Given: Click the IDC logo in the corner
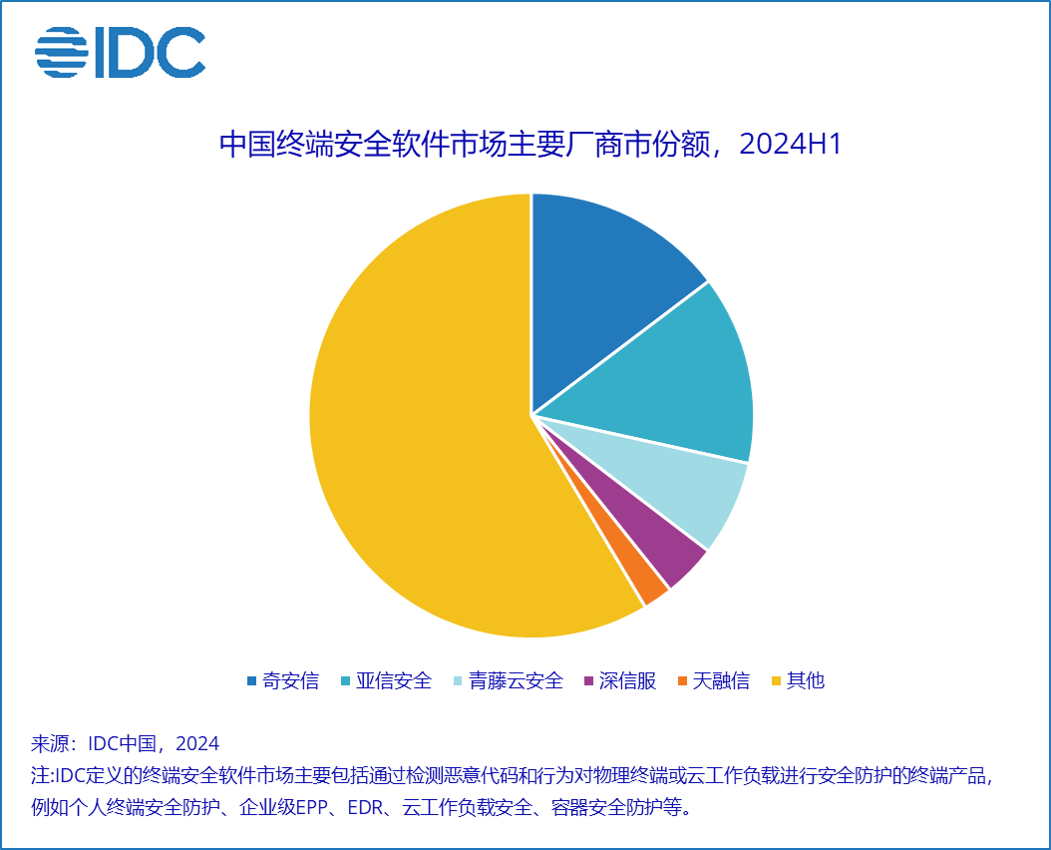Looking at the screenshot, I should point(120,52).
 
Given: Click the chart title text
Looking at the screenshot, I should point(530,145).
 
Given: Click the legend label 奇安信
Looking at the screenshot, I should point(290,681).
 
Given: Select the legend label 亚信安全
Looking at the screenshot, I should point(398,681).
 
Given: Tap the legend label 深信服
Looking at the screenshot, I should point(629,681).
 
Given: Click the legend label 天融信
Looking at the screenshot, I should point(721,681).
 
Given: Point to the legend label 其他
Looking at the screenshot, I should point(806,681).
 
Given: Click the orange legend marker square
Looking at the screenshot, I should point(682,681).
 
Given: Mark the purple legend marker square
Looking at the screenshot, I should point(590,681).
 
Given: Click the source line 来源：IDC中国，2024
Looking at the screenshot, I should point(126,744).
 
